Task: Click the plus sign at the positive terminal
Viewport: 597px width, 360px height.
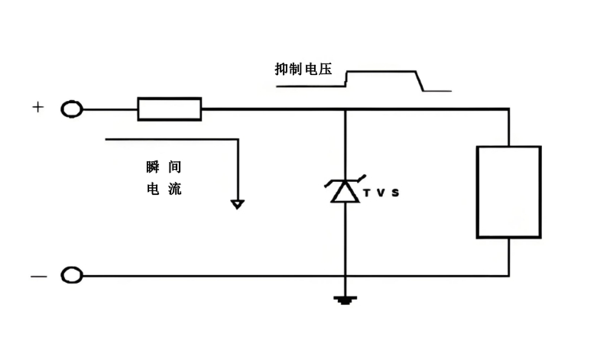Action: [37, 107]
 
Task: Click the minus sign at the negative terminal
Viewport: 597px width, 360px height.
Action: [37, 276]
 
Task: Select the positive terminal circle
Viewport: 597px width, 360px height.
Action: [72, 109]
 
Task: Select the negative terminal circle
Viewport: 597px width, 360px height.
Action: [72, 275]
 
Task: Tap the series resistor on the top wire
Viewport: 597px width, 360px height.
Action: [169, 109]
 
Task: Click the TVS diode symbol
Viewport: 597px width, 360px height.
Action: [344, 190]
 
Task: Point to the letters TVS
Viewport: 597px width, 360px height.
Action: [380, 193]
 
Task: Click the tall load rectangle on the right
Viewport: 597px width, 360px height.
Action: [508, 192]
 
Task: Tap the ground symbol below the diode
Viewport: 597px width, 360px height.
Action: [345, 300]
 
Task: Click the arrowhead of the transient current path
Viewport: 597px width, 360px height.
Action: [238, 204]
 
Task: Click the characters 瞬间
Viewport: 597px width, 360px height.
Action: [164, 167]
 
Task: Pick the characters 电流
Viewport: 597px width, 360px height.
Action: [164, 189]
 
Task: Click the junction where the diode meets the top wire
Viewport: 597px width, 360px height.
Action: [345, 109]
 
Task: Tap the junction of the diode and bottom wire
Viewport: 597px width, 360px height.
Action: [345, 275]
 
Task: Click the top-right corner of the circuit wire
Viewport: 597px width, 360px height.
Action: [508, 109]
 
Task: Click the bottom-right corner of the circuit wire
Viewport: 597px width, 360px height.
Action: [508, 275]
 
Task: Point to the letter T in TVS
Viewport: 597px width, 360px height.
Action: [366, 193]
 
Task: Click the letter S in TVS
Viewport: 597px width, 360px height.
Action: [394, 193]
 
